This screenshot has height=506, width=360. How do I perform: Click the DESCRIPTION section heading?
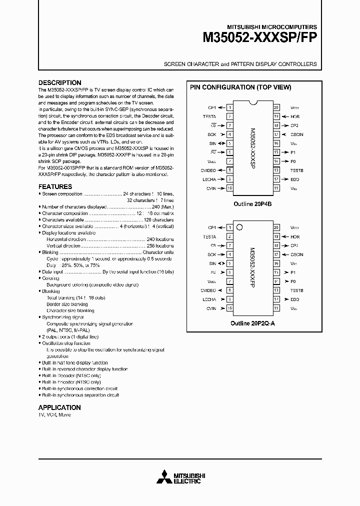point(59,83)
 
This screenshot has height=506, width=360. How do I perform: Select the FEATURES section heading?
point(55,186)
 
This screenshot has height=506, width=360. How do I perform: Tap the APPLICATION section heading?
point(59,407)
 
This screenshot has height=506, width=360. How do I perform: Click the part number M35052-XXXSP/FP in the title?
point(259,39)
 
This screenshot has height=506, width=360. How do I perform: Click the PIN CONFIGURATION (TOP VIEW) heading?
point(240,87)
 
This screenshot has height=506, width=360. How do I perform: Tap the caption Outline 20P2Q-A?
point(253,323)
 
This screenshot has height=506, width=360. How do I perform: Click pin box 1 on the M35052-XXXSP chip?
point(229,107)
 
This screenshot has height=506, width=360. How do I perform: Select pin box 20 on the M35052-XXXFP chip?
point(276,227)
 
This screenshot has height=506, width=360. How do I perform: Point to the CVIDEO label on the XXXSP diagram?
point(208,170)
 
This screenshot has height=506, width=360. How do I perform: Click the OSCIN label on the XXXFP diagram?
point(297,254)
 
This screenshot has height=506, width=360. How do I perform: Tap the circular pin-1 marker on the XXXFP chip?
point(239,227)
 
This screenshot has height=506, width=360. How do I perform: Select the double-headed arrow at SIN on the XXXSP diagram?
point(221,143)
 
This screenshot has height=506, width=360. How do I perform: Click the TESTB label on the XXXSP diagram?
point(297,170)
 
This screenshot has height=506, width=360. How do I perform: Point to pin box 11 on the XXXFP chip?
point(276,308)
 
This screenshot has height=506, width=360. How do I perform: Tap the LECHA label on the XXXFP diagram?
point(209,299)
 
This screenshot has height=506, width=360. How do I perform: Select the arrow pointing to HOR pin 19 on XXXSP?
point(284,116)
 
